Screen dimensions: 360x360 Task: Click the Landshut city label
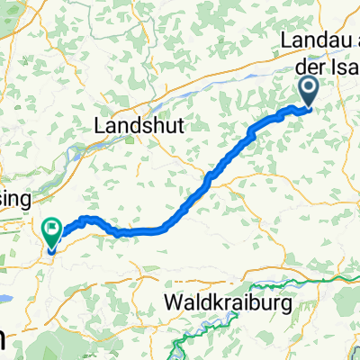click(140, 128)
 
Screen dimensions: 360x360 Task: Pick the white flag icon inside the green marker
click(50, 229)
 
